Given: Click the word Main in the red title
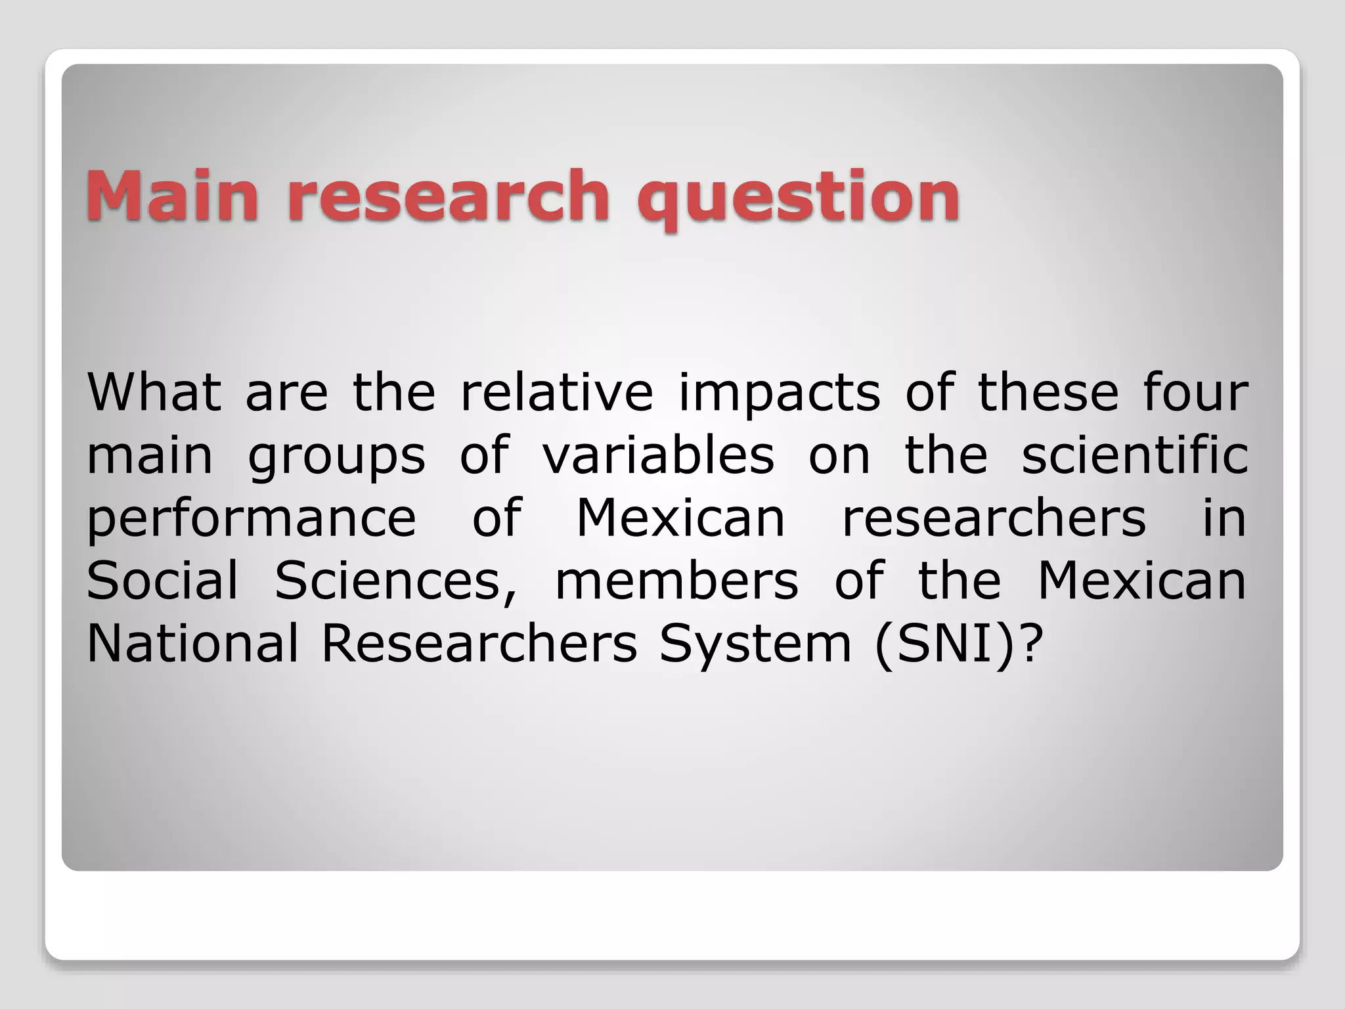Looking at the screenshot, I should click(x=172, y=195).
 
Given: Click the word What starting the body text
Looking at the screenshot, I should click(x=154, y=392).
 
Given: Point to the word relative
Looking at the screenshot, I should click(x=557, y=392).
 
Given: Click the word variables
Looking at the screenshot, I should click(x=659, y=455).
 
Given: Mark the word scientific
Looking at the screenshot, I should click(x=1135, y=455).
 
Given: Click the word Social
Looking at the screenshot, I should click(x=162, y=581).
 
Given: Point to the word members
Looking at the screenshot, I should click(x=677, y=581).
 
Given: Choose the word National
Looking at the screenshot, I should click(x=192, y=643).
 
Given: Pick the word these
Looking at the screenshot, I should click(x=1048, y=392).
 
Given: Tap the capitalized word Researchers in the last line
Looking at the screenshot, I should click(x=479, y=643).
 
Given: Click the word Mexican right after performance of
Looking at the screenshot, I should click(x=680, y=518).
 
